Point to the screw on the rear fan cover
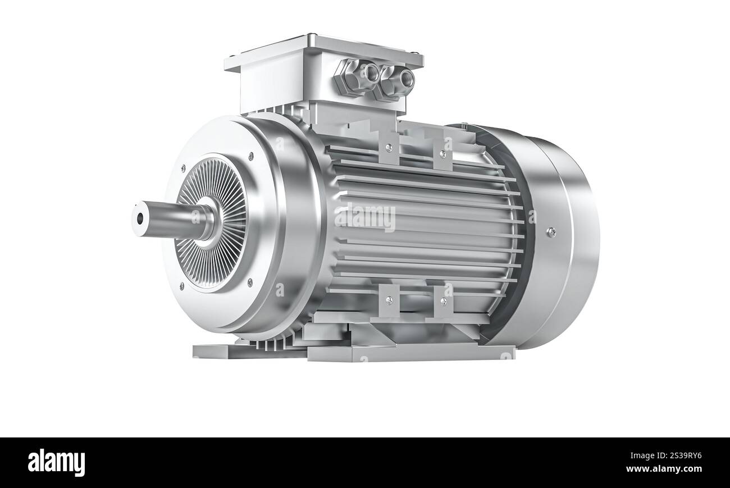click(x=551, y=230)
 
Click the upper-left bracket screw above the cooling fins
click(x=389, y=148)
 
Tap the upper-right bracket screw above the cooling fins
click(x=442, y=153)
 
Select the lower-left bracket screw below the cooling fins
click(x=389, y=298)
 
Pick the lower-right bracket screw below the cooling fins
click(x=442, y=301)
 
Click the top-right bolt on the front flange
click(x=250, y=156)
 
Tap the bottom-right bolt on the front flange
click(x=250, y=282)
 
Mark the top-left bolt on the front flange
click(x=182, y=167)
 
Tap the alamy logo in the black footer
click(x=57, y=463)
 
